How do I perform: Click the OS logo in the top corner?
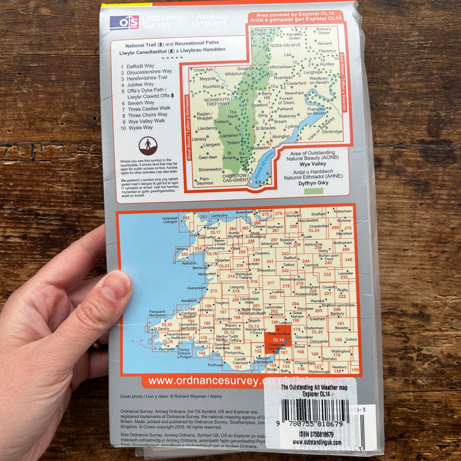pos(124,23)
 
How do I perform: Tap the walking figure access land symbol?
pos(148,146)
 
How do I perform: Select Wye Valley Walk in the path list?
pos(146,121)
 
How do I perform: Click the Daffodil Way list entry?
pos(140,66)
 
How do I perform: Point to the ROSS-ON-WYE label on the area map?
pos(285,46)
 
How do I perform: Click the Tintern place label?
pos(233,143)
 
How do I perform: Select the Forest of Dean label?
pos(286,100)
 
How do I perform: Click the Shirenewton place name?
pos(210,169)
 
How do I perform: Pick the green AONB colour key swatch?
pos(314,191)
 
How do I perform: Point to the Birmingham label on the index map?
pos(309,287)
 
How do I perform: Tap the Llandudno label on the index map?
pos(219,216)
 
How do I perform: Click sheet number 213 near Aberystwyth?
pos(213,291)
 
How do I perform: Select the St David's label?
pos(161,329)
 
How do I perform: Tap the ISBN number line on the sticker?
pos(316,435)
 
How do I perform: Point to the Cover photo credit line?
pos(171,396)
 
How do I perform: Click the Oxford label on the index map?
pos(351,339)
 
